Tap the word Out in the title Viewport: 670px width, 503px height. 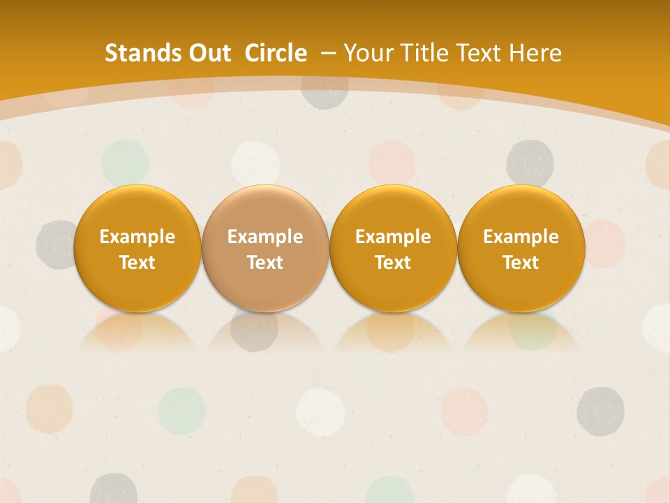208,53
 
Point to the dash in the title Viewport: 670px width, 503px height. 327,53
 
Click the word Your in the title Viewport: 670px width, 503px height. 368,53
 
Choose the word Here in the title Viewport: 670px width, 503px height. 535,53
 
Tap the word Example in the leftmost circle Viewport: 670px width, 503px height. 137,237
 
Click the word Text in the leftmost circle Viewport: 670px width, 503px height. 137,263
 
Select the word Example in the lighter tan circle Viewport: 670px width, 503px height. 265,237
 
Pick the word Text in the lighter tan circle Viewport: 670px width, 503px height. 265,263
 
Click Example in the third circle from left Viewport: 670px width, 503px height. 393,237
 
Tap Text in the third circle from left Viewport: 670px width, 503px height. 393,263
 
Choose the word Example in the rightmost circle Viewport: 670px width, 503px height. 521,237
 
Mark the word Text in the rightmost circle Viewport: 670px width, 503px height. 521,263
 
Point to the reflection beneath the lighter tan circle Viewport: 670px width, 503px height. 265,332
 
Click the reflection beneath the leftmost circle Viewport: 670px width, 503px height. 137,332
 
